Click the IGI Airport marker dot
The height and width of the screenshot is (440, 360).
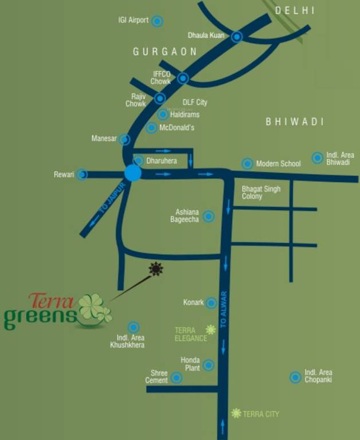pyautogui.click(x=157, y=21)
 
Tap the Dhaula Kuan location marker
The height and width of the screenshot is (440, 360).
pyautogui.click(x=237, y=37)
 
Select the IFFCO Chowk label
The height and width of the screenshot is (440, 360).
pyautogui.click(x=161, y=77)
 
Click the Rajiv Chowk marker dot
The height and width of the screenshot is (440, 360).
pyautogui.click(x=160, y=99)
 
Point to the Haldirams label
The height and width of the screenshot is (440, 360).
pyautogui.click(x=185, y=115)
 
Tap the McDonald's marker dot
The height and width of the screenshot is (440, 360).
pyautogui.click(x=151, y=128)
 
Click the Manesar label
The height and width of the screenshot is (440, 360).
pyautogui.click(x=104, y=139)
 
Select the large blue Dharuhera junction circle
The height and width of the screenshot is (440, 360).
pyautogui.click(x=133, y=173)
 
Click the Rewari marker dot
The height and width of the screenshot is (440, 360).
pyautogui.click(x=82, y=174)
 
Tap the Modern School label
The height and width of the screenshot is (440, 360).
pyautogui.click(x=278, y=164)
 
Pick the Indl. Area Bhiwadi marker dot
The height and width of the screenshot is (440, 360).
pyautogui.click(x=317, y=158)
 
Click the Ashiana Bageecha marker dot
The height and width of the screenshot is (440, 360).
pyautogui.click(x=209, y=216)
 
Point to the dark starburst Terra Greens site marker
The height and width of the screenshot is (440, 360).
pyautogui.click(x=155, y=269)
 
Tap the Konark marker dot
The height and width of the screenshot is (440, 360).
pyautogui.click(x=212, y=302)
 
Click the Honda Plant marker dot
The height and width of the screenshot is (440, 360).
pyautogui.click(x=209, y=365)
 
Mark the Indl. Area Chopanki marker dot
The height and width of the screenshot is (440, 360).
pyautogui.click(x=295, y=377)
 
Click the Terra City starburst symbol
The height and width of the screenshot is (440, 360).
pyautogui.click(x=236, y=413)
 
